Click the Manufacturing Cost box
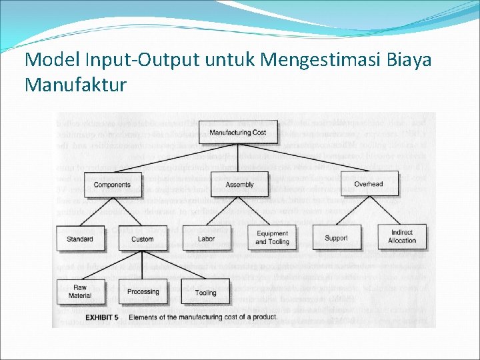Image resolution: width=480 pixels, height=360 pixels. [x=237, y=133]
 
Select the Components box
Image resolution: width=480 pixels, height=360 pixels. [x=112, y=185]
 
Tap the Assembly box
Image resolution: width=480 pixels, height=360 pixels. [x=239, y=185]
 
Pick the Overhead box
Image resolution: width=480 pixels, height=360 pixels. [x=369, y=184]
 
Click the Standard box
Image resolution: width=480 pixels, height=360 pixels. [x=80, y=239]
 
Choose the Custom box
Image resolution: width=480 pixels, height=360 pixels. [x=142, y=239]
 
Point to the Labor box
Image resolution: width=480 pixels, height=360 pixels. [x=207, y=239]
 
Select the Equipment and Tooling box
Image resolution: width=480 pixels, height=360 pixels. [x=272, y=238]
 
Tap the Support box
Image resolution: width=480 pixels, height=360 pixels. [x=336, y=238]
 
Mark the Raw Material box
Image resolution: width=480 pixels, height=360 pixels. [x=80, y=291]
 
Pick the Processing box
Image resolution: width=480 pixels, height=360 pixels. [x=143, y=291]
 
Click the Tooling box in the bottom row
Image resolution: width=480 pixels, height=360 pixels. [x=206, y=292]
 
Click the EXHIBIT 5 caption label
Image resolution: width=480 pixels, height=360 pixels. [x=101, y=317]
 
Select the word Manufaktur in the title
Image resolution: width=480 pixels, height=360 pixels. [x=75, y=85]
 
